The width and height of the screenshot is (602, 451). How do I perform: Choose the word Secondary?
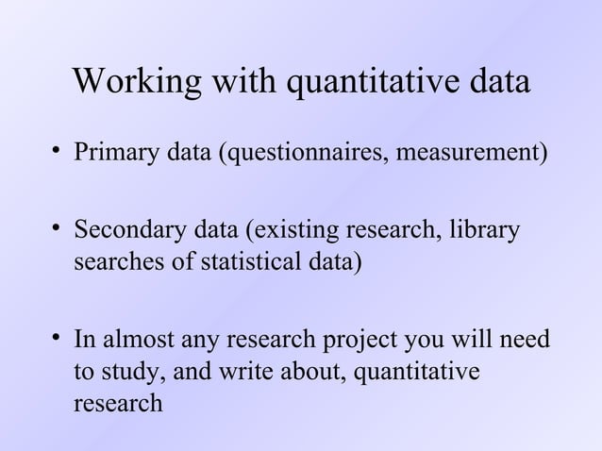click(x=125, y=230)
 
